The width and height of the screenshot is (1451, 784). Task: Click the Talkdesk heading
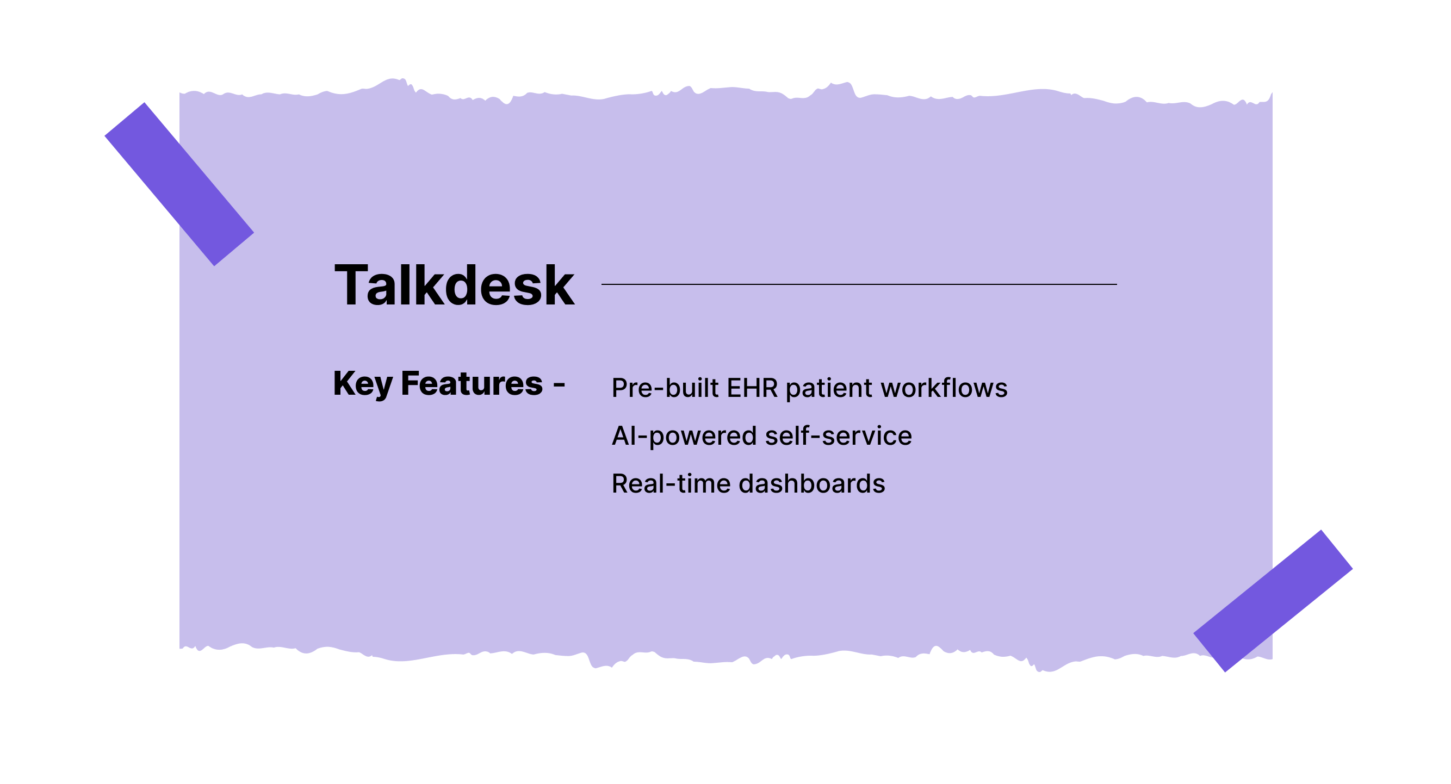coord(454,285)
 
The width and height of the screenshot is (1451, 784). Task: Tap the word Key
coord(362,384)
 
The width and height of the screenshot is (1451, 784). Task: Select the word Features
coord(472,383)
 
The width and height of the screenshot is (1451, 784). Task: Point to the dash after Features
coord(559,385)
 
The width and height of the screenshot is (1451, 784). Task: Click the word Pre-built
coord(665,388)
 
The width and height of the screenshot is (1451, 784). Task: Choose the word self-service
coord(838,436)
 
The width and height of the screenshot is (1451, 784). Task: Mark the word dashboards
coord(811,484)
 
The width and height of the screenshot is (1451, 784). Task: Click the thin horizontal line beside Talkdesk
coord(858,284)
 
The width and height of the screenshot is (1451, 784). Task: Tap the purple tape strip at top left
coord(179,184)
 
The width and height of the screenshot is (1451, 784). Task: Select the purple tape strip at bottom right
coord(1273,601)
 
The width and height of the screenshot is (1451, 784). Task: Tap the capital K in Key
coord(345,383)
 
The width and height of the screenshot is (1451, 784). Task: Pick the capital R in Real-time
coord(620,484)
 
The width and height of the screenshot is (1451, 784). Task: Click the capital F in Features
coord(410,383)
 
